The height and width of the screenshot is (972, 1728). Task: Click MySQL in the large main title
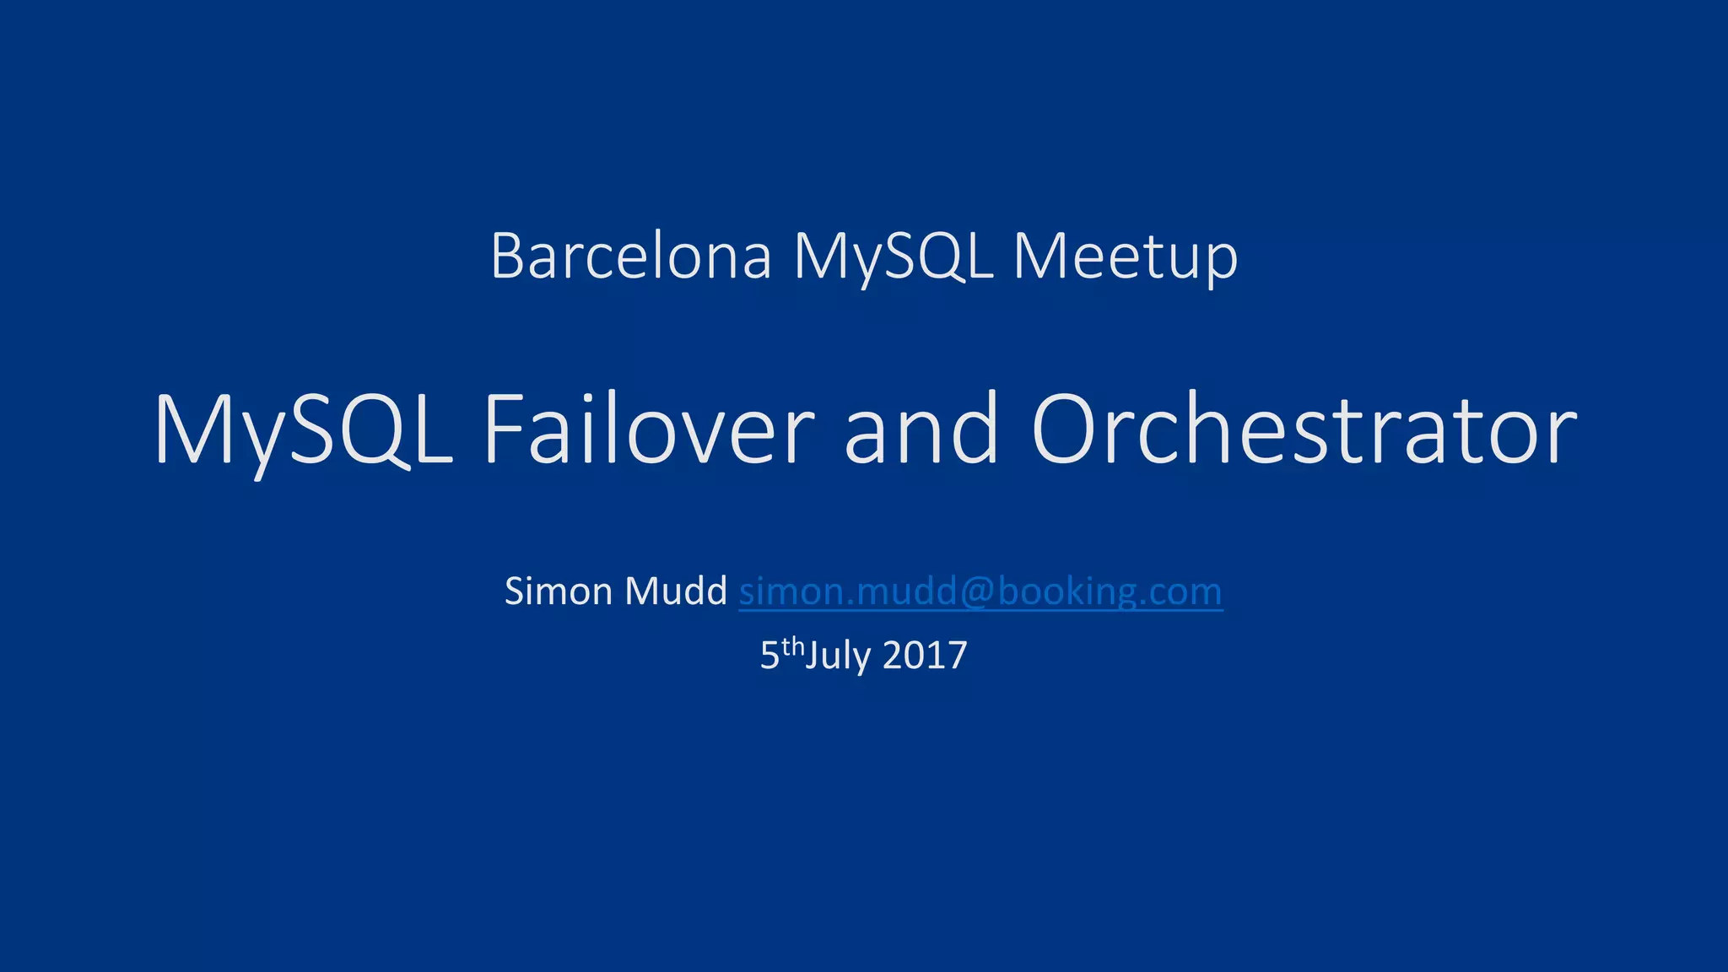pyautogui.click(x=304, y=430)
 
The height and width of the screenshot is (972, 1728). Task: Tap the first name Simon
pyautogui.click(x=559, y=591)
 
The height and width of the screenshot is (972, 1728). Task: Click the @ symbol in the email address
pyautogui.click(x=976, y=592)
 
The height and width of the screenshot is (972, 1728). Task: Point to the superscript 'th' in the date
pyautogui.click(x=793, y=647)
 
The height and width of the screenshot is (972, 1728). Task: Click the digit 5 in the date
pyautogui.click(x=769, y=656)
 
